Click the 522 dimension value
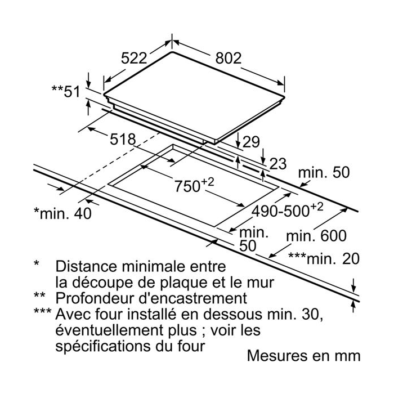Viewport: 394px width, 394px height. pos(134,58)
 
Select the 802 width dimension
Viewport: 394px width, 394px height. pos(229,58)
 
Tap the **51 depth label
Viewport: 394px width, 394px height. pos(66,91)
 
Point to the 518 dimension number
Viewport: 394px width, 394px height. pos(123,139)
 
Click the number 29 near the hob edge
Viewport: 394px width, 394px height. pos(251,142)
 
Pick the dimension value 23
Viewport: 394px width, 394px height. pos(278,164)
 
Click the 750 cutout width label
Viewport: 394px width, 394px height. pos(194,185)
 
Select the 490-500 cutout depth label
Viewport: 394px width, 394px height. pos(287,210)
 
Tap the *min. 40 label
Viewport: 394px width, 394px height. pos(63,213)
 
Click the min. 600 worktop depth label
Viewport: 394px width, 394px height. pos(316,236)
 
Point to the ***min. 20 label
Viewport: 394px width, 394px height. pos(324,258)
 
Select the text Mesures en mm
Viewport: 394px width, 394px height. pos(303,356)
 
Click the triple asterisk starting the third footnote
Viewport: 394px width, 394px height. pos(42,311)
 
